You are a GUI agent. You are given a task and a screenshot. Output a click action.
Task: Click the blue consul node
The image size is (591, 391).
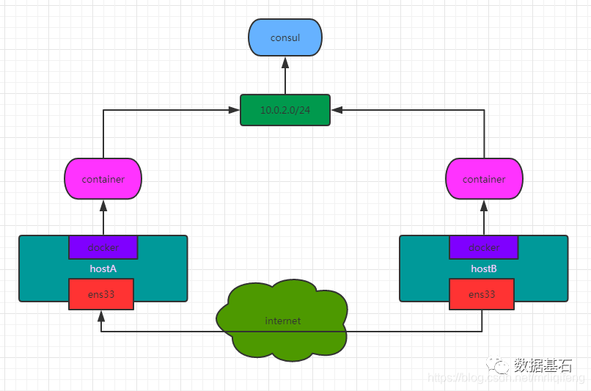285,37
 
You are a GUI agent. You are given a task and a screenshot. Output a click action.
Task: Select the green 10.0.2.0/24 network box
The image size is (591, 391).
285,110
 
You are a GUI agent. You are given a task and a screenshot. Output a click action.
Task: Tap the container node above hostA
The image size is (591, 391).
103,179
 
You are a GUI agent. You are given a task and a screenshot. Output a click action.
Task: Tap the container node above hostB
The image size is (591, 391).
484,179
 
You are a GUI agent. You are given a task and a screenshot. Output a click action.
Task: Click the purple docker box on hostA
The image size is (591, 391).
103,247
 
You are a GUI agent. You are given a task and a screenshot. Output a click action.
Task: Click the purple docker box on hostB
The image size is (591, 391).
484,247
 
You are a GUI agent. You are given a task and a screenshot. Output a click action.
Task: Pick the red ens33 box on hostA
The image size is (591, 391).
101,294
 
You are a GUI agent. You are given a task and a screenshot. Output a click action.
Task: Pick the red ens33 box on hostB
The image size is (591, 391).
482,294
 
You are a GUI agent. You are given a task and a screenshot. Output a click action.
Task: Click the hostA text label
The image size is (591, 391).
103,269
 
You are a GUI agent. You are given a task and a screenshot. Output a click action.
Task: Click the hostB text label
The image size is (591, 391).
484,269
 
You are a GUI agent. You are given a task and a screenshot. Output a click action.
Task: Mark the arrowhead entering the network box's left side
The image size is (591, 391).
235,110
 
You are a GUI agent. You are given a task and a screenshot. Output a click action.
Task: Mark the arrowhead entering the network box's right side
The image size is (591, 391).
336,110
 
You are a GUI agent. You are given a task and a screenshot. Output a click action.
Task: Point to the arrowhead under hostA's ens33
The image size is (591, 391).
101,315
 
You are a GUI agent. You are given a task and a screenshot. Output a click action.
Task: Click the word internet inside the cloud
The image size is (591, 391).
283,321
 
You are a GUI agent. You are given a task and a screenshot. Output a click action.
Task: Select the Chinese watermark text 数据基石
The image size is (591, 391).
543,365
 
